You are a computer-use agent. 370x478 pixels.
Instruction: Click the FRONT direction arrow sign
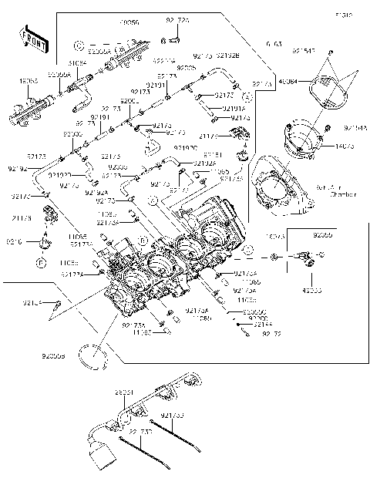[31, 38]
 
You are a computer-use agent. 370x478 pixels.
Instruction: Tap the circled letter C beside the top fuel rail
[79, 45]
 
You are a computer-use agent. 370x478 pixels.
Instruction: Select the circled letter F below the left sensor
[39, 262]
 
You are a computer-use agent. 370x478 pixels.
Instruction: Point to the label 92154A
[355, 127]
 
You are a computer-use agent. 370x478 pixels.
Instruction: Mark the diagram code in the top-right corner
[342, 14]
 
